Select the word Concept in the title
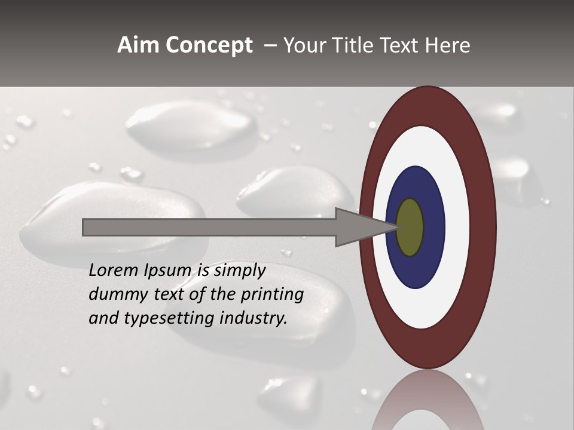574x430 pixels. [x=209, y=45]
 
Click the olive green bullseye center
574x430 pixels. [x=410, y=227]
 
